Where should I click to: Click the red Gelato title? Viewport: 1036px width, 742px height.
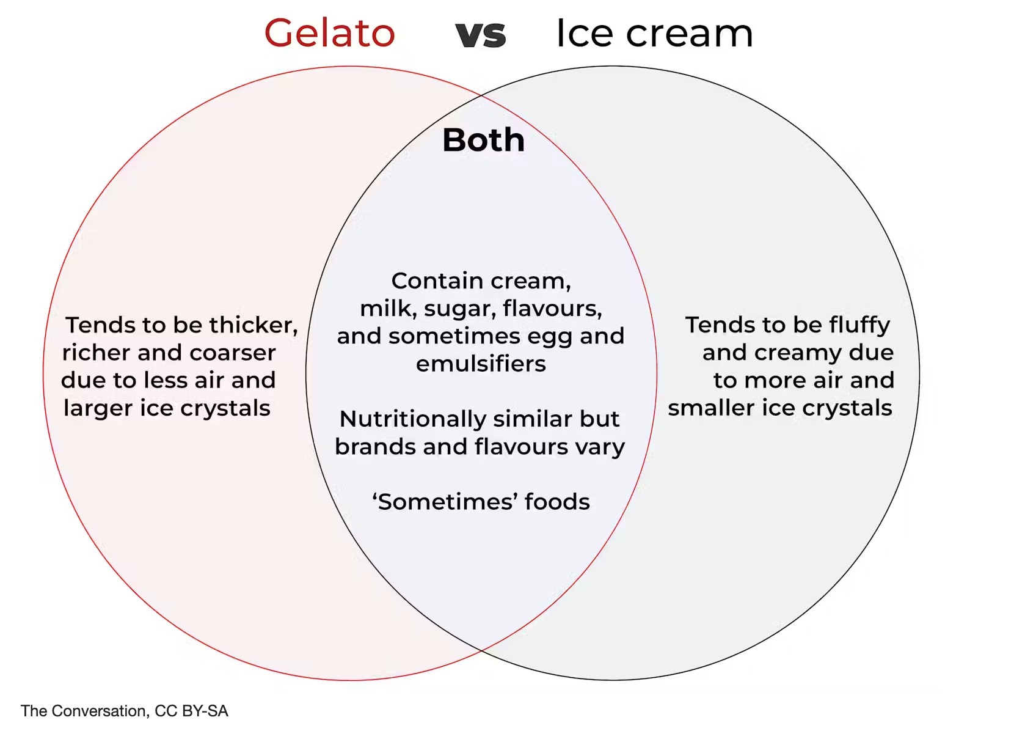[329, 34]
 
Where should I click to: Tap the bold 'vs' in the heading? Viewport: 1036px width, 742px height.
[481, 35]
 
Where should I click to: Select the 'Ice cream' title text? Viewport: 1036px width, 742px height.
[655, 34]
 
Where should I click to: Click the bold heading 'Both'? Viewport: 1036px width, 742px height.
[484, 140]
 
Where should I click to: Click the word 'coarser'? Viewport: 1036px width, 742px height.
[232, 353]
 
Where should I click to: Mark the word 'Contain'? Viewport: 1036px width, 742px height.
[437, 281]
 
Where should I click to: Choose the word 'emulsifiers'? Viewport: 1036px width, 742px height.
[481, 364]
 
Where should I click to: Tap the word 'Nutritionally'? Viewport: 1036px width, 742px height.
[412, 420]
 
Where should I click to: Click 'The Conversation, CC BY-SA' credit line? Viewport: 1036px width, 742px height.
[125, 711]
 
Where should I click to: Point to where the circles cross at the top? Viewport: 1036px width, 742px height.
[481, 96]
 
